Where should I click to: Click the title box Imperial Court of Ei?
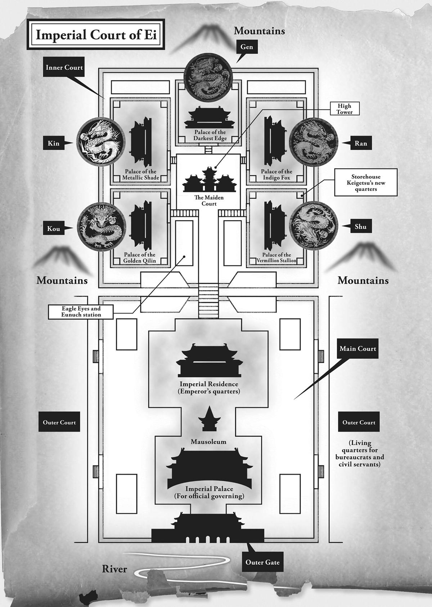pyautogui.click(x=96, y=36)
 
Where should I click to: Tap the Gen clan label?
pyautogui.click(x=247, y=47)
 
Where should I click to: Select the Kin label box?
pyautogui.click(x=54, y=143)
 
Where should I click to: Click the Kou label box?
pyautogui.click(x=53, y=229)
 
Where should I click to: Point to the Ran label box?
pyautogui.click(x=360, y=143)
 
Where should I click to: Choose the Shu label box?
pyautogui.click(x=360, y=227)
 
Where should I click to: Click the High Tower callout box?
pyautogui.click(x=345, y=109)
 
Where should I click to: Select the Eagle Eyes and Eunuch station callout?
pyautogui.click(x=81, y=312)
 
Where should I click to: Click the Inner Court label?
pyautogui.click(x=64, y=67)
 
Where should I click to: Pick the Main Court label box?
pyautogui.click(x=357, y=349)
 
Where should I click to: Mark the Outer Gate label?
pyautogui.click(x=262, y=562)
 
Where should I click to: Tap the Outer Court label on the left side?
pyautogui.click(x=59, y=423)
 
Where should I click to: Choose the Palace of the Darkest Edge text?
pyautogui.click(x=210, y=135)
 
